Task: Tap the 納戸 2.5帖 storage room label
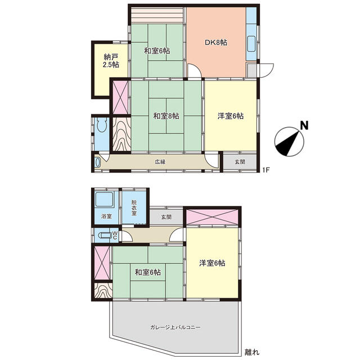(x=111, y=60)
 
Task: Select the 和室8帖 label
(x=166, y=116)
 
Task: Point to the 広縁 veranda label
(x=160, y=162)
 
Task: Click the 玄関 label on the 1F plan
(x=239, y=162)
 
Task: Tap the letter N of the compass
(x=304, y=125)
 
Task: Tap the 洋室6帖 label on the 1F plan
(x=231, y=116)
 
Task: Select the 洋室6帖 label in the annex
(x=212, y=263)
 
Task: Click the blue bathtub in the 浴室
(x=103, y=200)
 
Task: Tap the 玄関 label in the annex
(x=167, y=216)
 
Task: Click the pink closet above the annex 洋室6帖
(x=212, y=217)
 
